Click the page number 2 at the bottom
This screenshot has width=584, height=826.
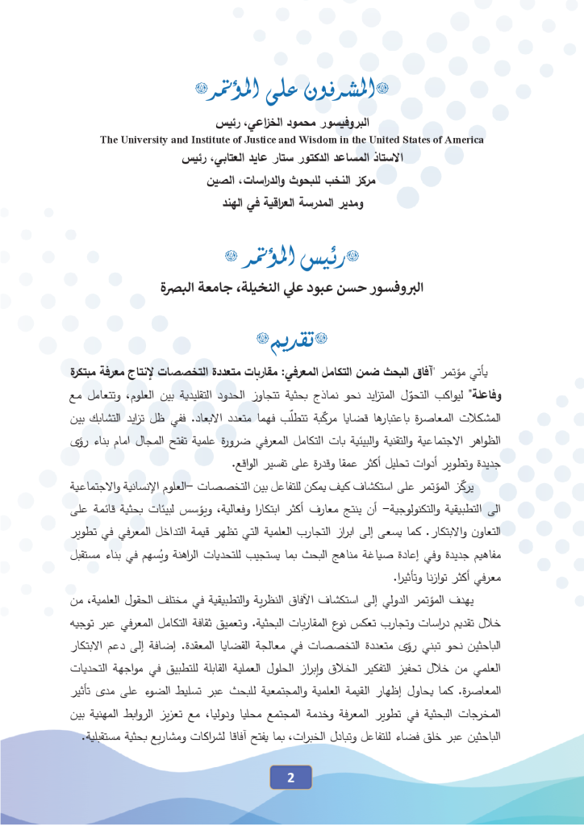click(x=291, y=778)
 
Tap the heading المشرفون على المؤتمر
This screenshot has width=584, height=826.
click(x=292, y=91)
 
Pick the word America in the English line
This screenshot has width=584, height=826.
click(x=461, y=140)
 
